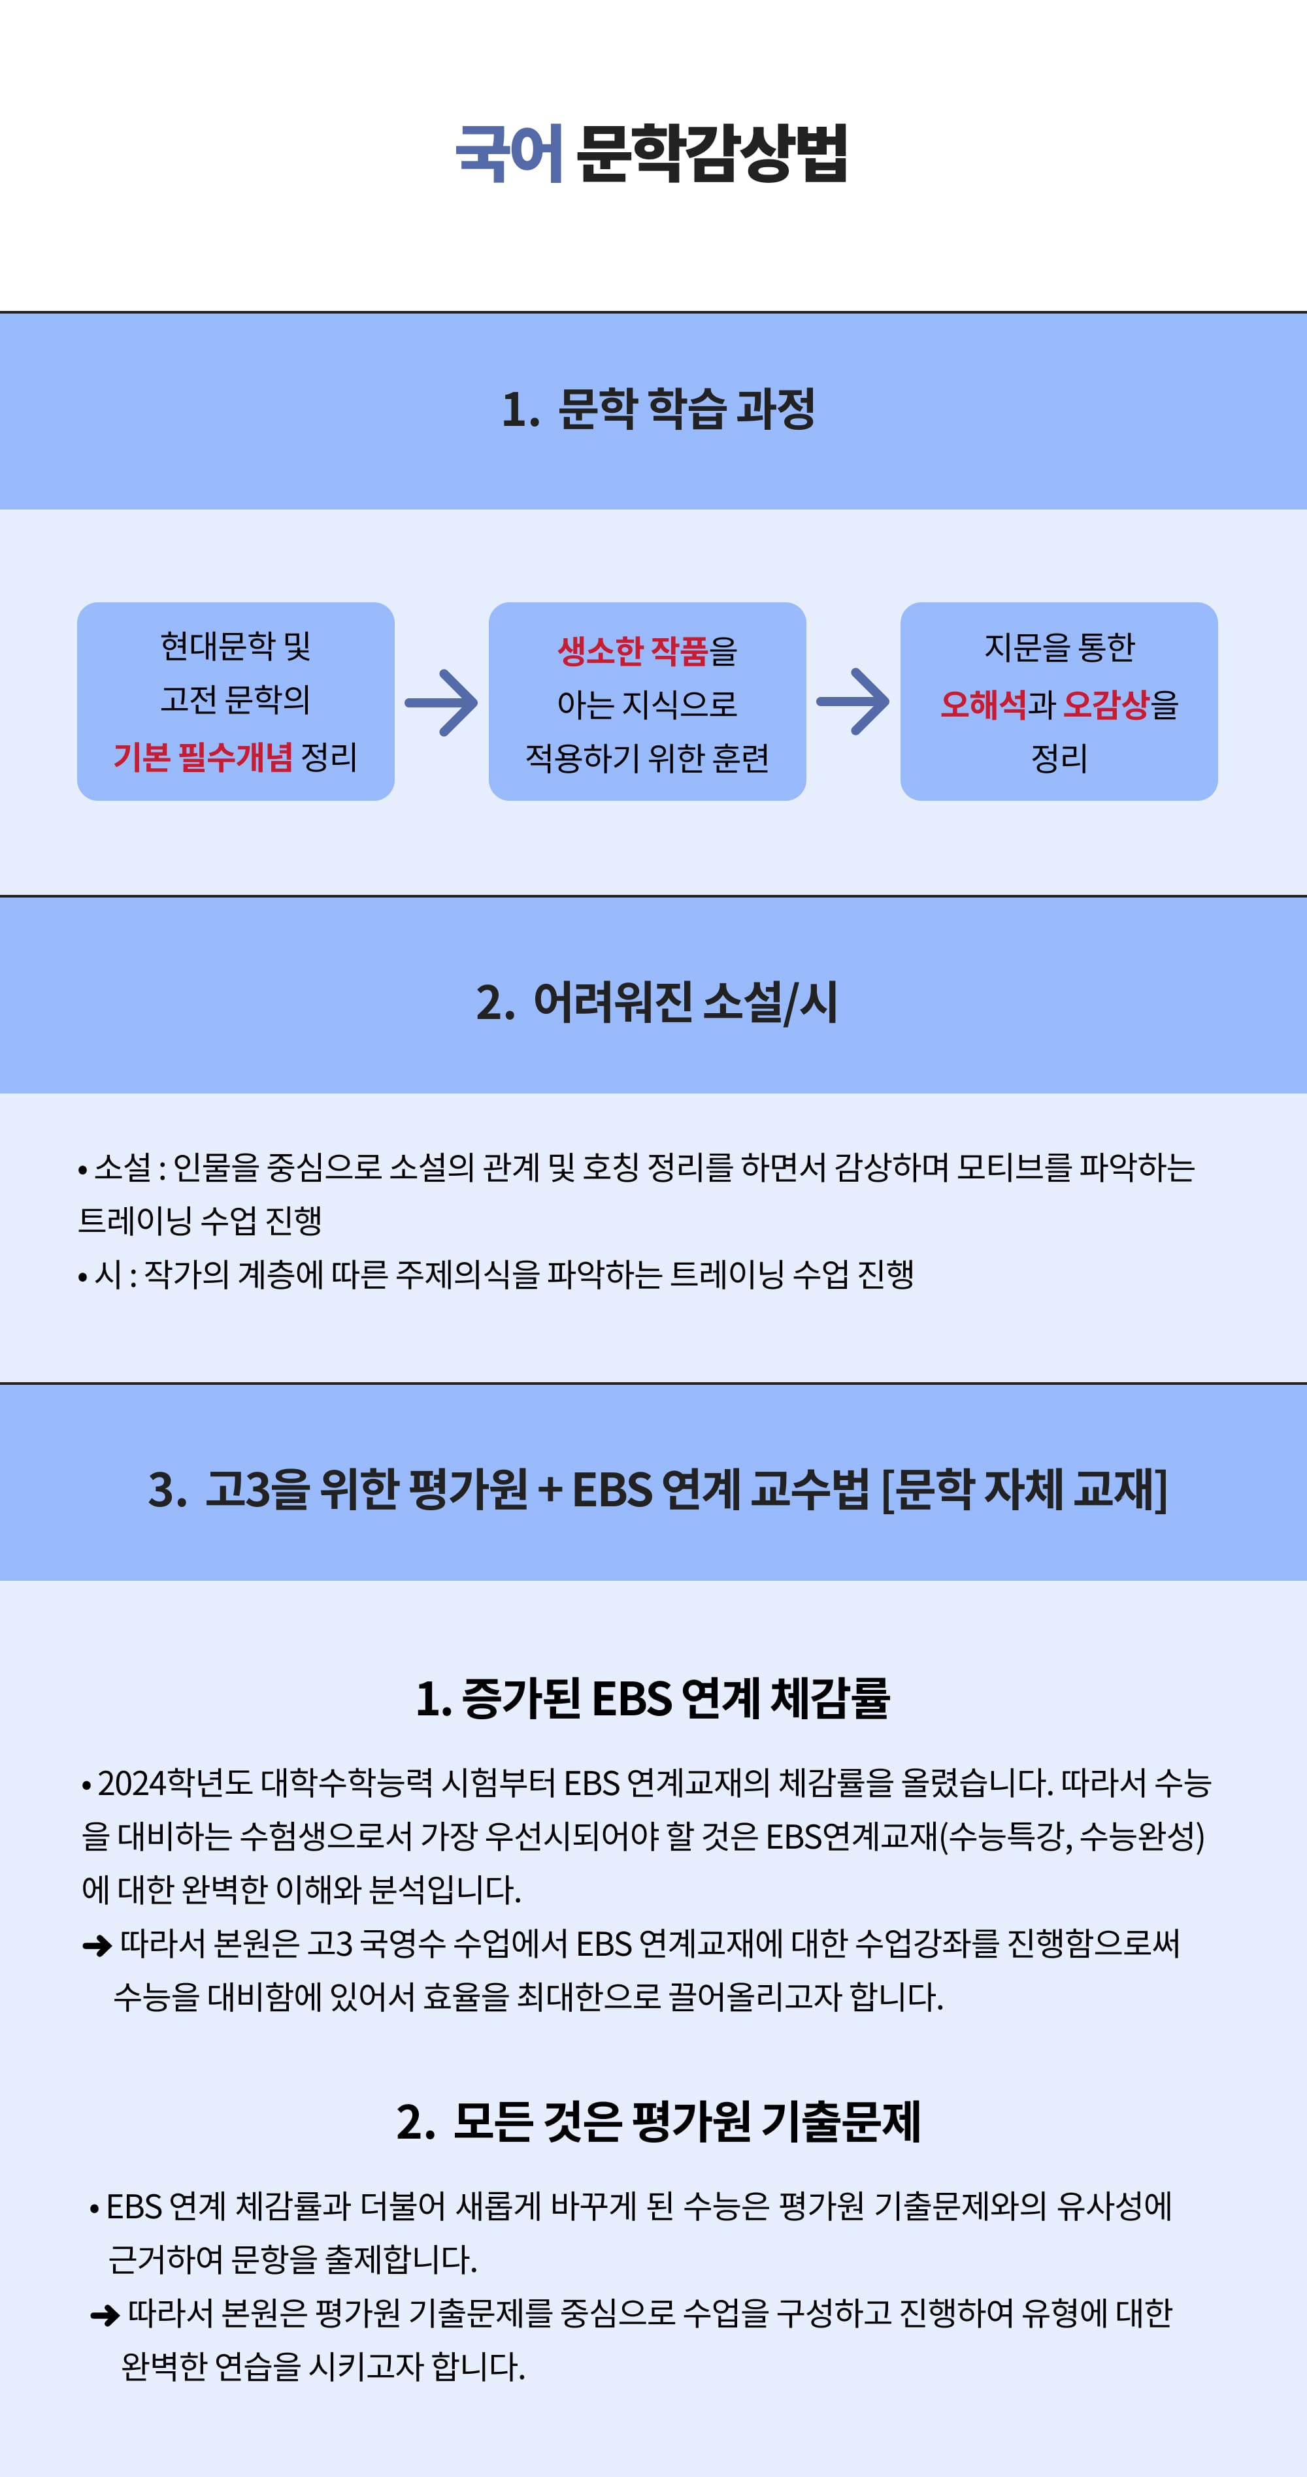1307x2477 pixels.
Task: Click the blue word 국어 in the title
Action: (509, 153)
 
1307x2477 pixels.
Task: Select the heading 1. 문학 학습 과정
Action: (658, 410)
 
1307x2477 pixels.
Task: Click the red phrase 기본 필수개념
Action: (203, 758)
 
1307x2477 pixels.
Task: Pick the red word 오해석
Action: (983, 705)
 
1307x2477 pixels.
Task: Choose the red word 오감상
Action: (1106, 705)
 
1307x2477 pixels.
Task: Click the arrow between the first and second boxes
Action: (441, 703)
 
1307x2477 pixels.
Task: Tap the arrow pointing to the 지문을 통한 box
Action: (853, 702)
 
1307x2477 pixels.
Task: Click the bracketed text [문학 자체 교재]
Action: (1024, 1489)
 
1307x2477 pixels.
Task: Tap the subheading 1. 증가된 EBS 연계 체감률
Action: (653, 1698)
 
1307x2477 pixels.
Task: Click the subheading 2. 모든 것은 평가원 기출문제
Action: (659, 2121)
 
